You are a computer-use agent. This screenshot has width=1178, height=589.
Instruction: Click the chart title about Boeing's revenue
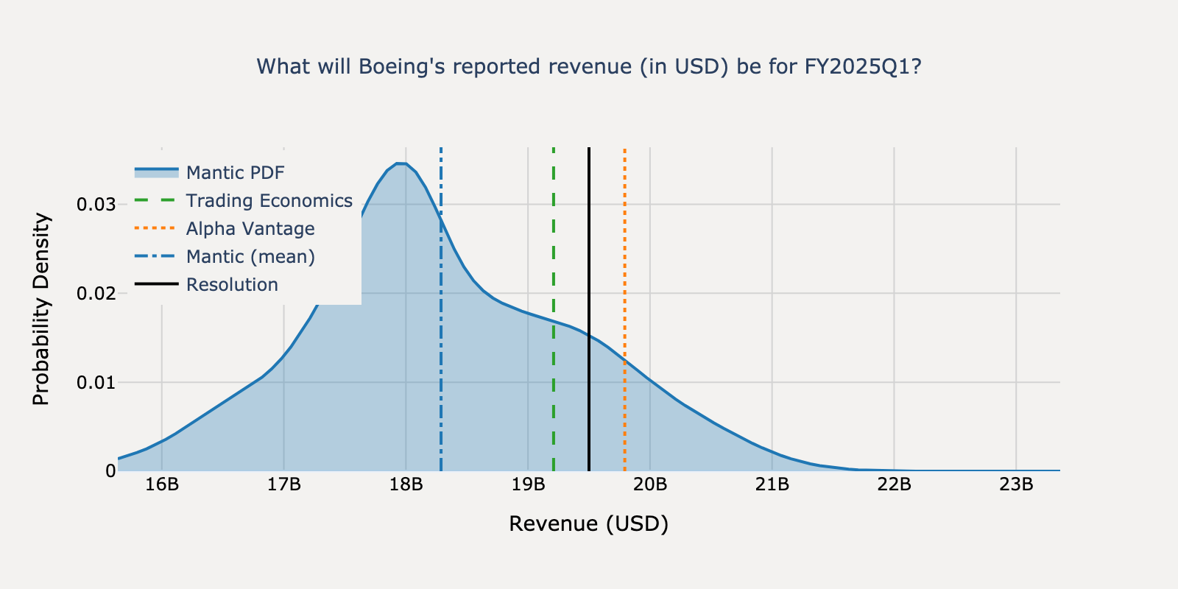point(589,67)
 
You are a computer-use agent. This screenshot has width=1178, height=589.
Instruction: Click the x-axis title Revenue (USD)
point(589,524)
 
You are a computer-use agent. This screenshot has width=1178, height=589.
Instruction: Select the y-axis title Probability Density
point(41,309)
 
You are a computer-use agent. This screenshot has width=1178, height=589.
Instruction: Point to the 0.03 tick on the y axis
point(96,204)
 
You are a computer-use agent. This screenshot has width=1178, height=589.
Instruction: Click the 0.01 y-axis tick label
point(96,382)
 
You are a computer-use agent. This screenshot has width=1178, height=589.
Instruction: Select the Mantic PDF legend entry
point(235,173)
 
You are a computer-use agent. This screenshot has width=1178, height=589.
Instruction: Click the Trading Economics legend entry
point(269,201)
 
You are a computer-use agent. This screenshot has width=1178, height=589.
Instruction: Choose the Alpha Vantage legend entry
point(250,229)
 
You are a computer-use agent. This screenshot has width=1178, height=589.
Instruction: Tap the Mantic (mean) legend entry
point(250,257)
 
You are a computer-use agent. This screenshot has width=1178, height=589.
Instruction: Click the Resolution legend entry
point(232,285)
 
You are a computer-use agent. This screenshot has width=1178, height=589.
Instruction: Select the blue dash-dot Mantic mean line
point(441,368)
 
